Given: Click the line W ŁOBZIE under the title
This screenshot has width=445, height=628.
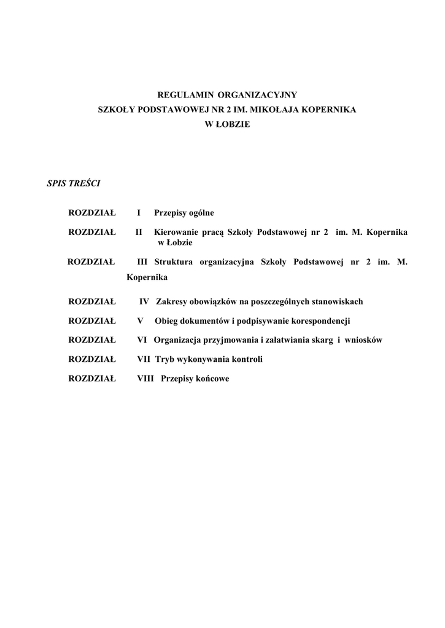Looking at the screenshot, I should [227, 124].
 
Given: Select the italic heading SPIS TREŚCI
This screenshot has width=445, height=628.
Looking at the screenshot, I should [74, 183].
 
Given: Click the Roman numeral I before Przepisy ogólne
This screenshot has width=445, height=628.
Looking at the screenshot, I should [139, 213].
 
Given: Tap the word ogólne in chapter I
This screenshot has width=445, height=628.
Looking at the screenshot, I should [201, 213].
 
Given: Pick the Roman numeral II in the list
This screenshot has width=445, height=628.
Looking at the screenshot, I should [139, 232].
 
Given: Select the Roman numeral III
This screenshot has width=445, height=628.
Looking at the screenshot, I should [142, 262].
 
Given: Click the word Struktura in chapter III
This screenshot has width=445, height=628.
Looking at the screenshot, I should [174, 262].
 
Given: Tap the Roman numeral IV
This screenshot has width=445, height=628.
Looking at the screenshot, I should [144, 302].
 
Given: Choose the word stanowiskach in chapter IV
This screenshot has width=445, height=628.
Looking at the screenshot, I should [337, 302].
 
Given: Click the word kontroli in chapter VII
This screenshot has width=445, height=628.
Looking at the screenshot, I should [247, 359].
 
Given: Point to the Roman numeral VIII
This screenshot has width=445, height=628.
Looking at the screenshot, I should [145, 379].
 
